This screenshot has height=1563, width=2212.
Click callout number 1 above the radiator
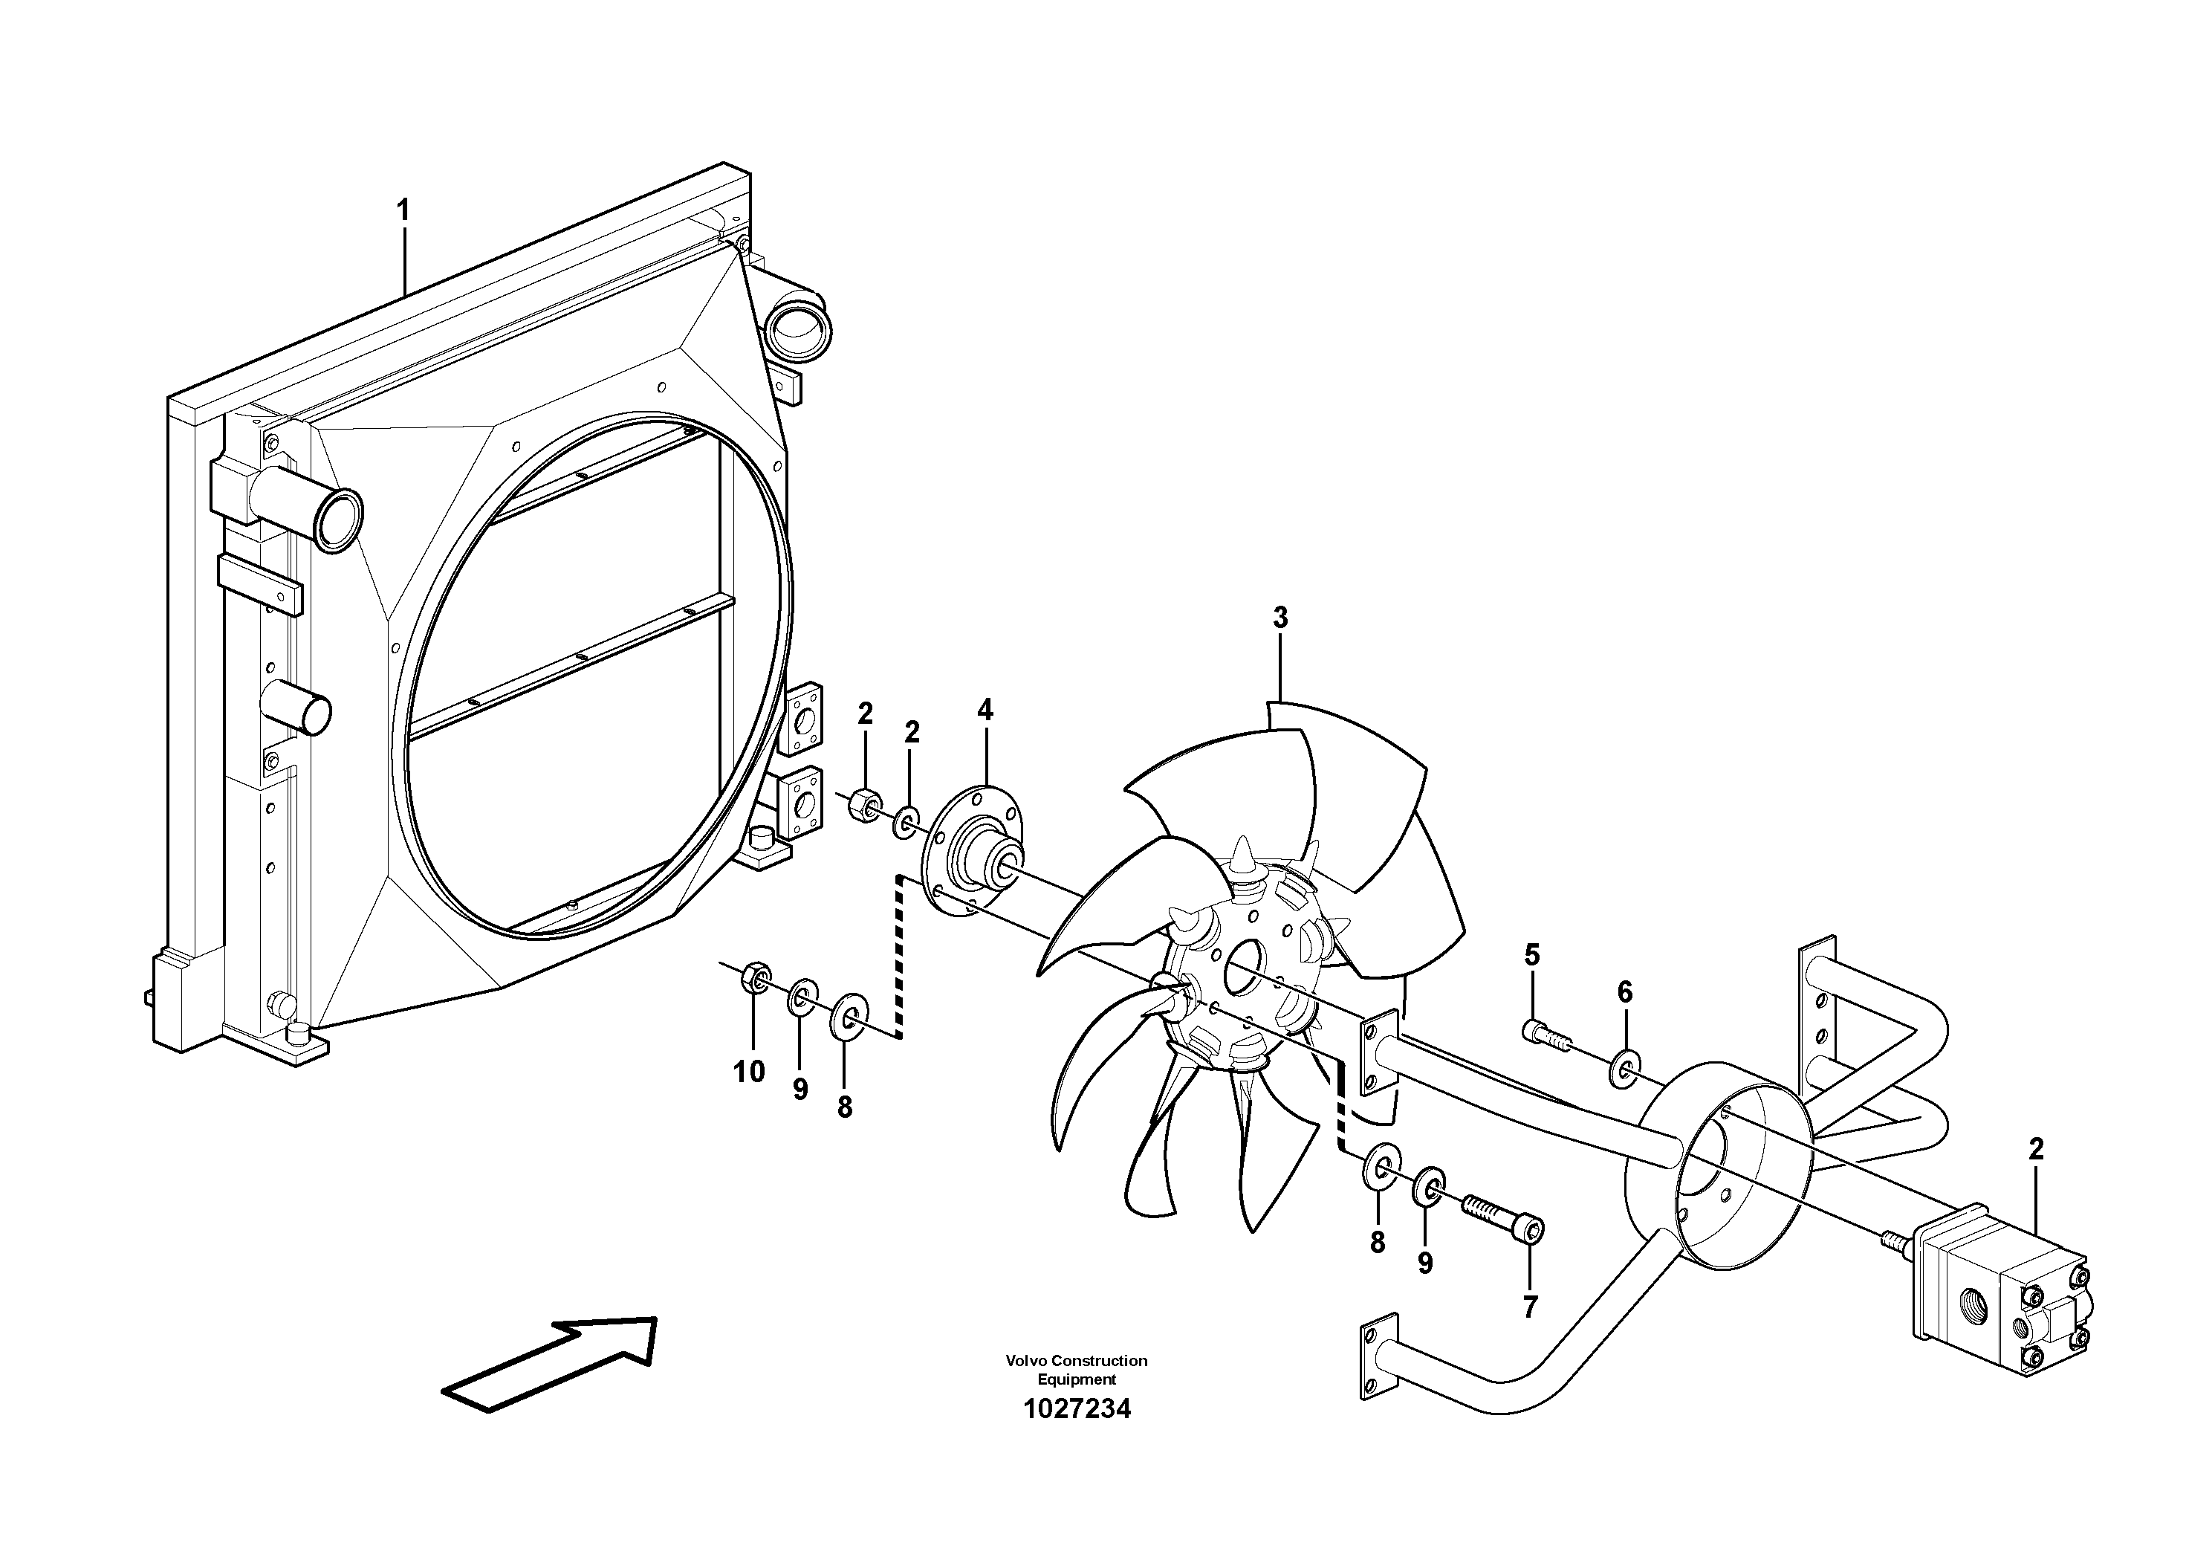tap(403, 210)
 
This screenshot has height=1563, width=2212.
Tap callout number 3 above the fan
tap(1280, 618)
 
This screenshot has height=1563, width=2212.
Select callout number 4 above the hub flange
tap(985, 711)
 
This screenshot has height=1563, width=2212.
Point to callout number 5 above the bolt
tap(1532, 955)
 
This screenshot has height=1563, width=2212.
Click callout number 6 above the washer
tap(1625, 991)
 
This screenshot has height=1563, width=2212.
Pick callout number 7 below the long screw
tap(1530, 1307)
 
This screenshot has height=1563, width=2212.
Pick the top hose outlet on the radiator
tap(798, 328)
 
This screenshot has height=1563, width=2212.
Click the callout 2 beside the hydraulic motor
tap(2036, 1150)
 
